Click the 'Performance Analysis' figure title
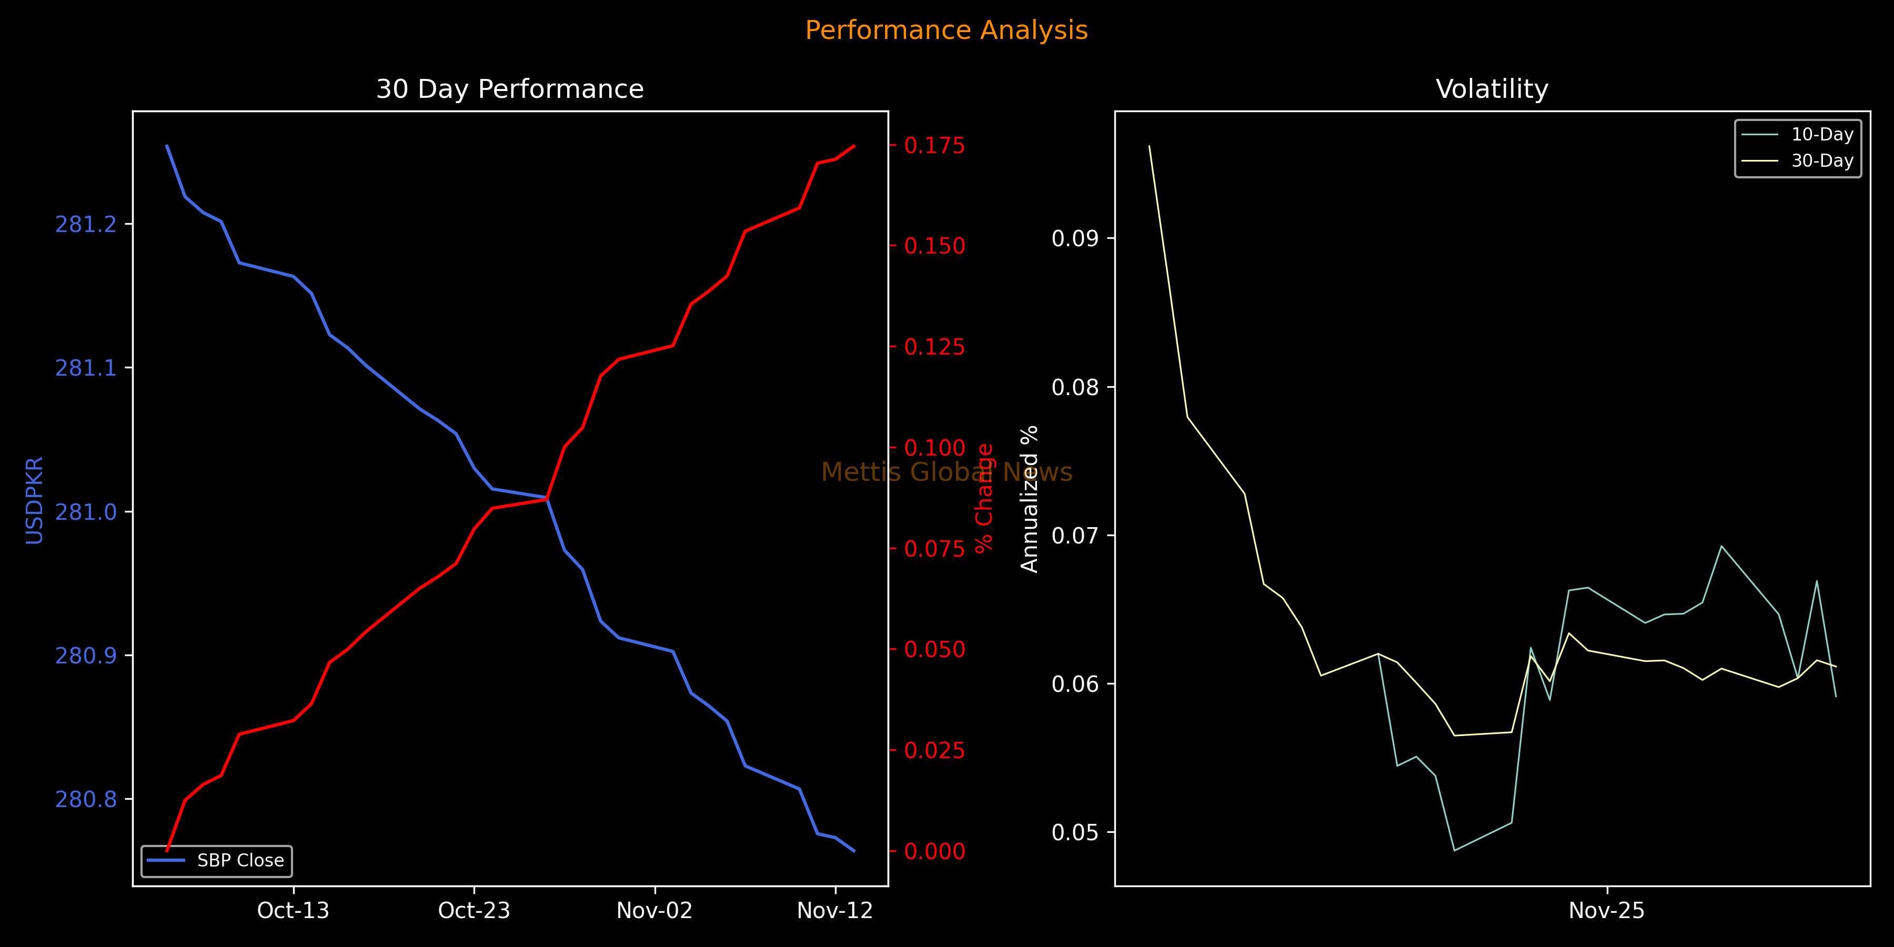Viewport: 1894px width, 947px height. click(946, 30)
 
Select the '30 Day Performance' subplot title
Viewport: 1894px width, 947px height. click(509, 89)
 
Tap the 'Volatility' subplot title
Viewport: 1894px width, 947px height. click(1492, 89)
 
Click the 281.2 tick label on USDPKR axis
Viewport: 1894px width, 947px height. click(86, 224)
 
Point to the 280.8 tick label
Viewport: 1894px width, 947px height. click(86, 799)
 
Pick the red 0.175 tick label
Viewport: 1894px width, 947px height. click(934, 146)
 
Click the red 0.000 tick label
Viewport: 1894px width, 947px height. click(934, 851)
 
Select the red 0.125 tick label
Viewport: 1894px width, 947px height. click(934, 347)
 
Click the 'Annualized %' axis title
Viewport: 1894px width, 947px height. click(1030, 499)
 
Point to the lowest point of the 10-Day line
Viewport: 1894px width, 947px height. click(1454, 851)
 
